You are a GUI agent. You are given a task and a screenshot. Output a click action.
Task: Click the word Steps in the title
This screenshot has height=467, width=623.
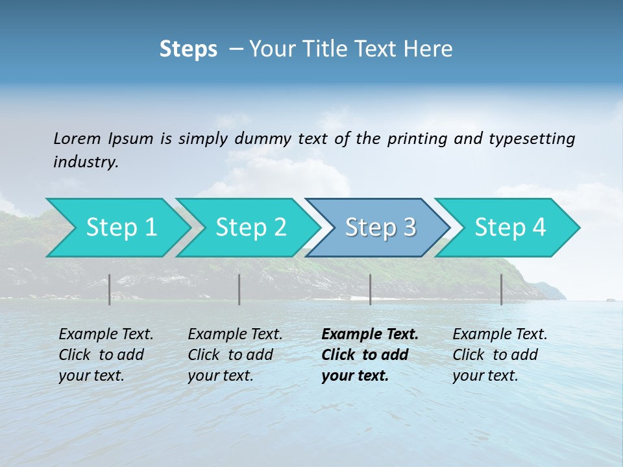(x=188, y=49)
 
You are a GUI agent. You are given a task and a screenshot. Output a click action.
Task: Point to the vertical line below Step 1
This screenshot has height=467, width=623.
(x=110, y=289)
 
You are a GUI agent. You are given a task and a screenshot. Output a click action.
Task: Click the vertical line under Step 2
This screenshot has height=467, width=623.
(x=239, y=289)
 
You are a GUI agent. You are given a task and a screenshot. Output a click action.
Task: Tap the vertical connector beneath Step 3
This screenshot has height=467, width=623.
(x=371, y=289)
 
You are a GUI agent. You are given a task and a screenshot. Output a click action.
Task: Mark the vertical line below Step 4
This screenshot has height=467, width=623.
(x=502, y=289)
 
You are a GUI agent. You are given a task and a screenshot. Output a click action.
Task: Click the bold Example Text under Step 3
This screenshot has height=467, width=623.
(x=370, y=355)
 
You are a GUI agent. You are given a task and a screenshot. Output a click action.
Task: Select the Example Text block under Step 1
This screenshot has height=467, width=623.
(x=106, y=355)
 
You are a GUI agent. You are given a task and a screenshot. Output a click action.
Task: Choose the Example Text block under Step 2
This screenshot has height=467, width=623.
(x=235, y=355)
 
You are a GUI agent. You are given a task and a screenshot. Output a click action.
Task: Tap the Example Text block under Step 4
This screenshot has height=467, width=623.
(x=500, y=355)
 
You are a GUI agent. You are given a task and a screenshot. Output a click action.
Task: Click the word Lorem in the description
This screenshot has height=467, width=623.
(x=77, y=139)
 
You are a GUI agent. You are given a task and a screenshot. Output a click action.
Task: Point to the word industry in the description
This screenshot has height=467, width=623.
(x=86, y=162)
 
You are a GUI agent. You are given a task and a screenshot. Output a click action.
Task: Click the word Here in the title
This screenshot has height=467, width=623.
(x=432, y=49)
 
